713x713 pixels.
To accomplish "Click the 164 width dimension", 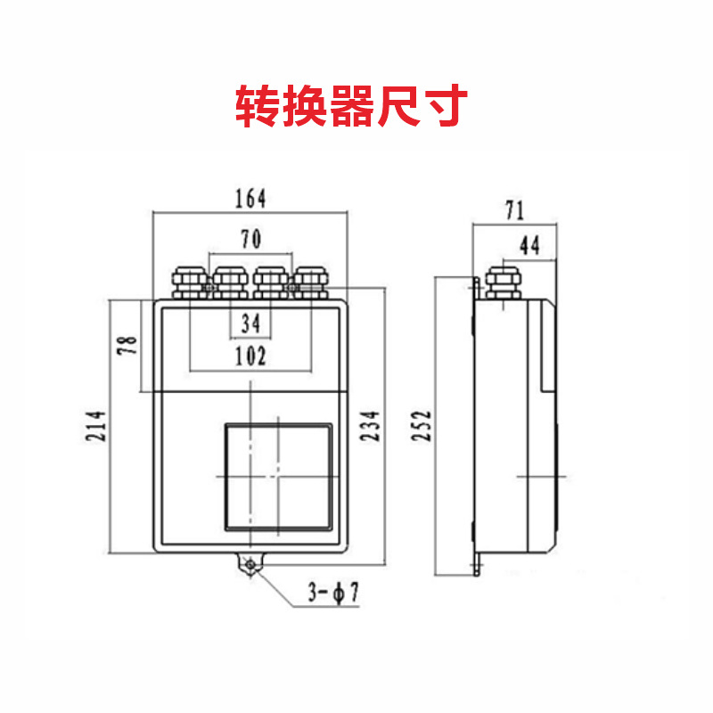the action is click(x=250, y=199).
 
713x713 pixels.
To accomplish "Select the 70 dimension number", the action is click(x=250, y=239).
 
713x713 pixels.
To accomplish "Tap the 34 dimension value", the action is click(x=250, y=324).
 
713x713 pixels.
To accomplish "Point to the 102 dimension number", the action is click(x=250, y=356).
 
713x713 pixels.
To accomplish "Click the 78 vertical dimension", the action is click(x=128, y=346).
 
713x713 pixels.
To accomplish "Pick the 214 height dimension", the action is click(x=97, y=426).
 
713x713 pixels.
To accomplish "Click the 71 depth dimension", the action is click(x=515, y=211).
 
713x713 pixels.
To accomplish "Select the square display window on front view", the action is click(x=278, y=476).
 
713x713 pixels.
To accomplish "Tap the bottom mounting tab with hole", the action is click(x=250, y=563).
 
